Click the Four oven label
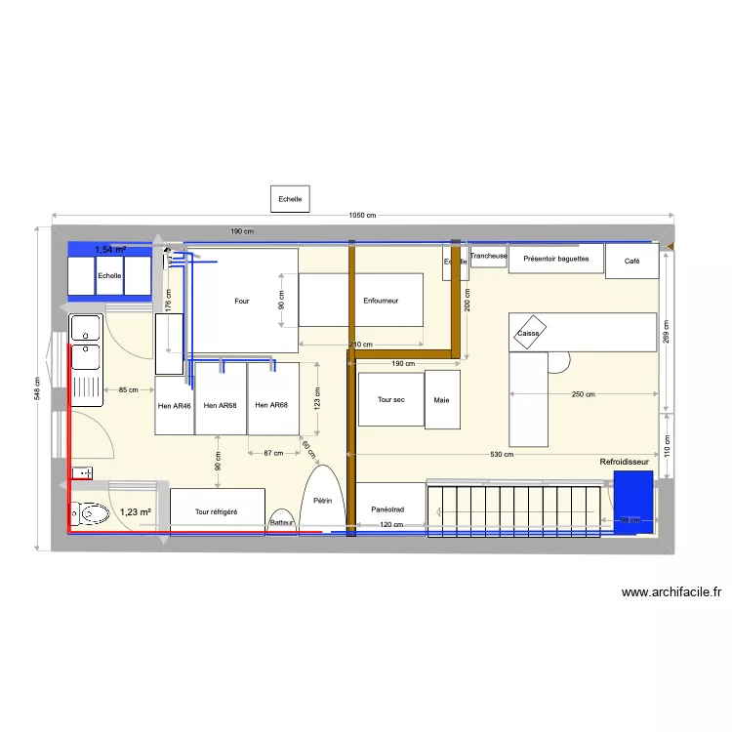(x=242, y=301)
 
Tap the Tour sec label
(x=390, y=400)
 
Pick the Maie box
(x=442, y=399)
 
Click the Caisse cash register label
(x=528, y=333)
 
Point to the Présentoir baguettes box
(x=555, y=260)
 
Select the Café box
(x=632, y=261)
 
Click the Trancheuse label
(x=488, y=256)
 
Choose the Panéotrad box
(x=389, y=508)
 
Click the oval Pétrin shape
(x=323, y=500)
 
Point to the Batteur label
(x=282, y=523)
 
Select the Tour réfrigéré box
(x=217, y=511)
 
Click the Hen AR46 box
(x=175, y=405)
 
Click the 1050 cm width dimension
(x=362, y=216)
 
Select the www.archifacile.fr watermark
(x=671, y=591)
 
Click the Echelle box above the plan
(x=290, y=199)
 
